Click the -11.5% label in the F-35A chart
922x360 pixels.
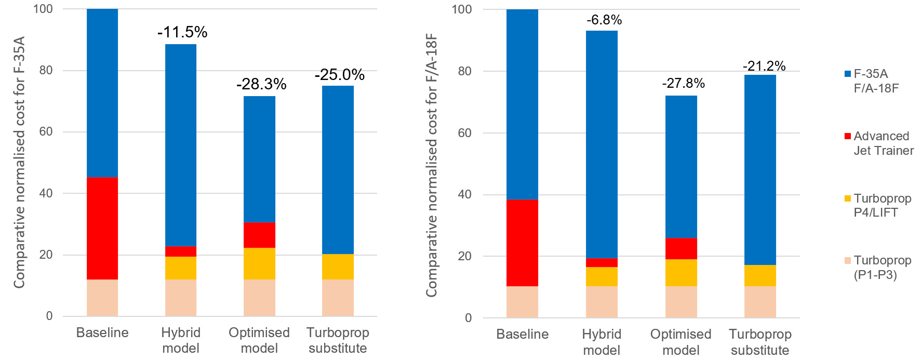[182, 32]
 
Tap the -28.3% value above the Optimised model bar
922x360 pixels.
[261, 84]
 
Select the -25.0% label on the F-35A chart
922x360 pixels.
[339, 75]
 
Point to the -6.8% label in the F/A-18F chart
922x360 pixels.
[604, 20]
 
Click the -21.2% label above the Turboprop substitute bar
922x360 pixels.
[764, 66]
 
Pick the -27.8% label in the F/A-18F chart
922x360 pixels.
[683, 83]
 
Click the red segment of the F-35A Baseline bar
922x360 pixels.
[102, 229]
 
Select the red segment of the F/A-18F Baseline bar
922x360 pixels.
[522, 243]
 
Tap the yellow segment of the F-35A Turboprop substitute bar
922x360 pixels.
[338, 266]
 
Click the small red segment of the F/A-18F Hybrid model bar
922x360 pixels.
[602, 263]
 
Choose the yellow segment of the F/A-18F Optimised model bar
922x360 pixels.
[681, 273]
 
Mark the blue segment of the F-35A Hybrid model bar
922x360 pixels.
[181, 145]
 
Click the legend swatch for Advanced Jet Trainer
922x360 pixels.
[848, 136]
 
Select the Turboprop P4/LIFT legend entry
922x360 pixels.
[882, 205]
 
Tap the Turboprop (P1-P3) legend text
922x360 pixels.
[882, 267]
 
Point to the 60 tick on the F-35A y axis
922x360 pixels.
[46, 131]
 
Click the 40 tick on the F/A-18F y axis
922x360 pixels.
[465, 194]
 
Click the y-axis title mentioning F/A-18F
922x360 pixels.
[431, 165]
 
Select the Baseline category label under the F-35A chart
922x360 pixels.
[102, 332]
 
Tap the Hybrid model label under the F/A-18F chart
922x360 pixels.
[602, 341]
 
